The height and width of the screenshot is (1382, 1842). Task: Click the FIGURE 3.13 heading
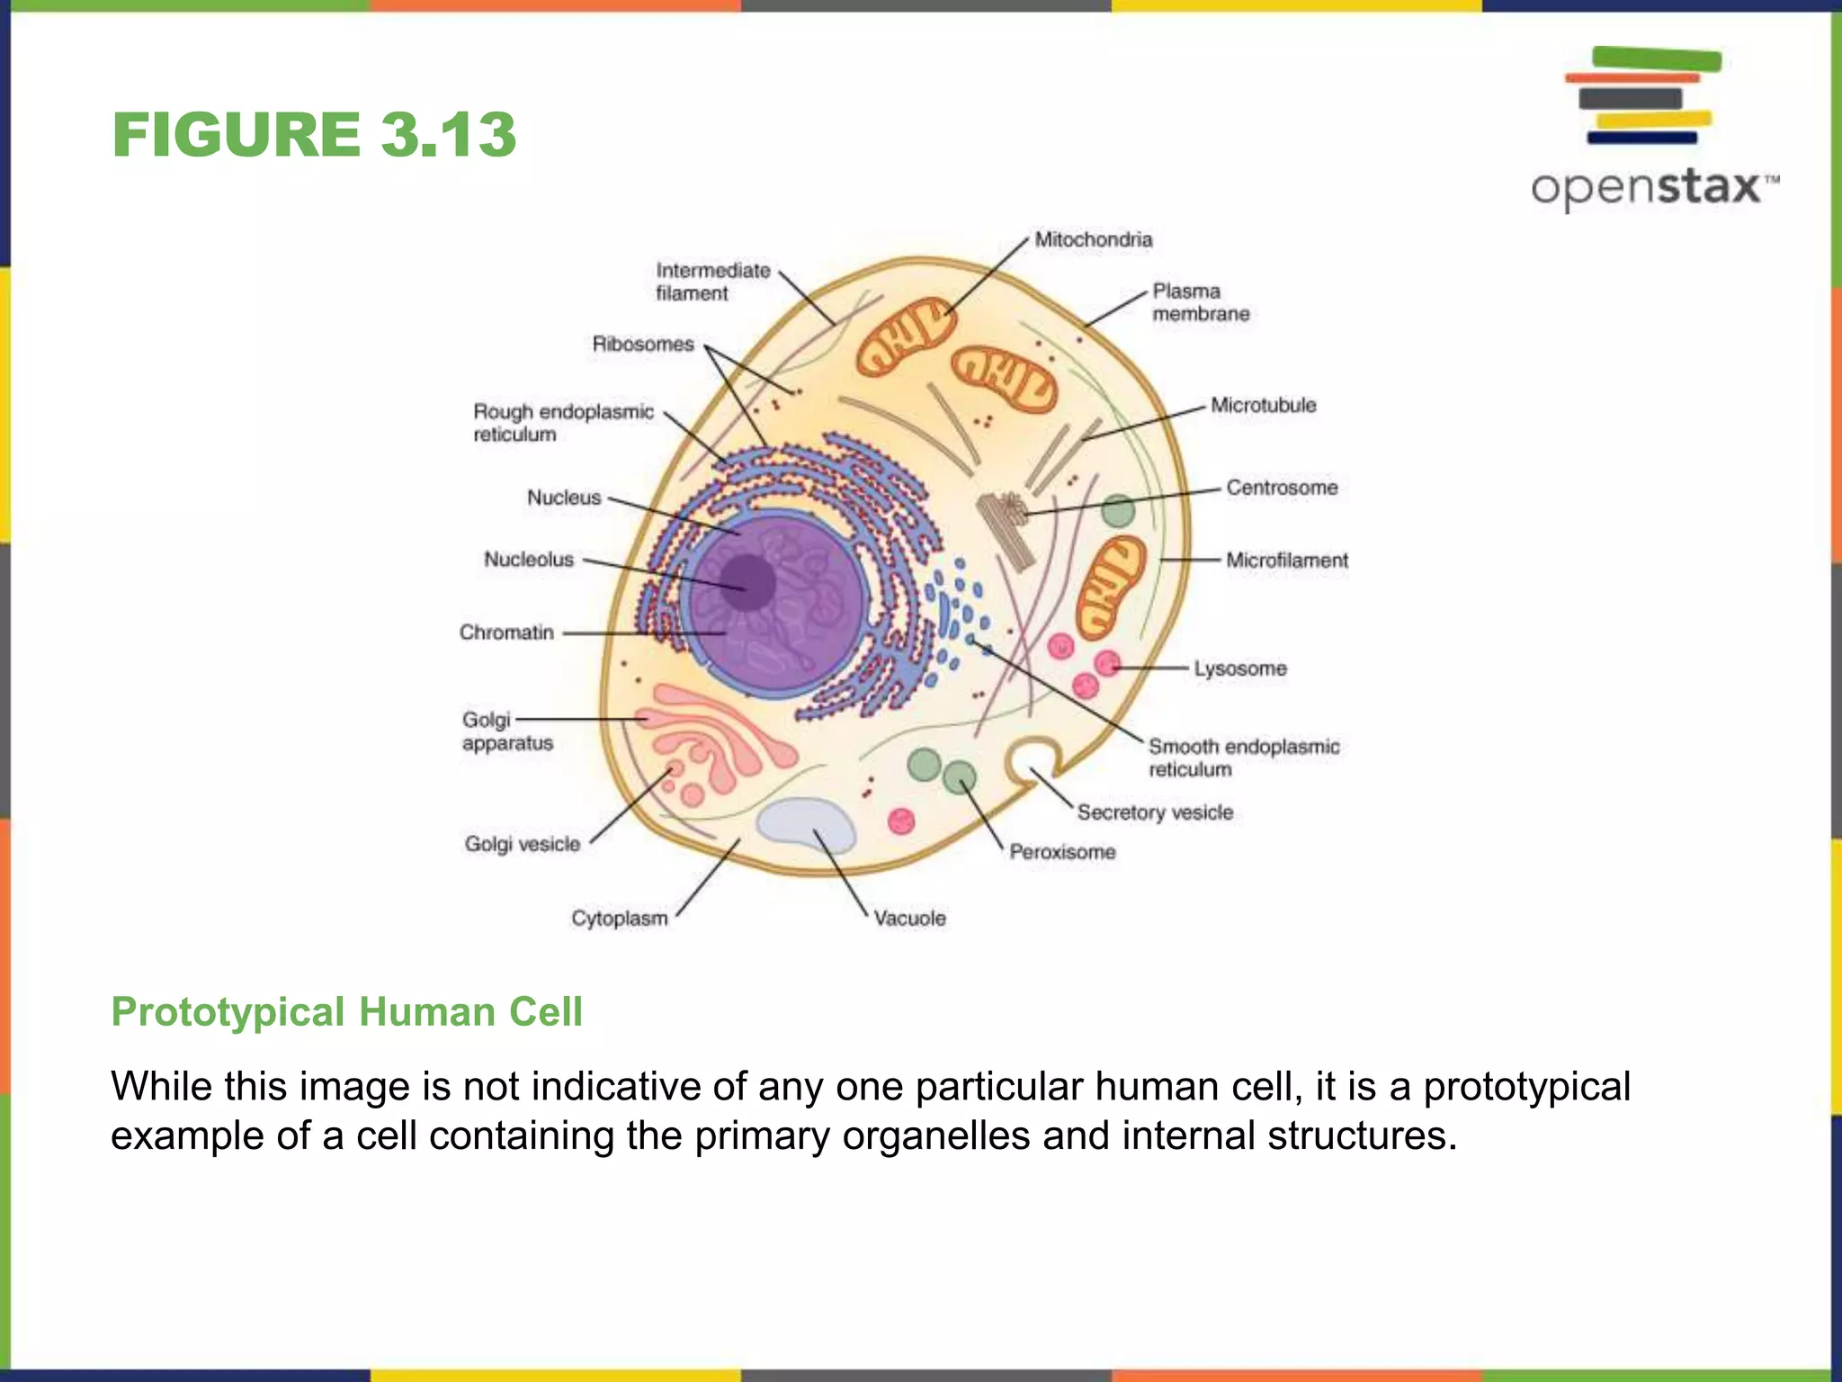point(314,135)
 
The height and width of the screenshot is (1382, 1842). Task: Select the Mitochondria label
point(1093,239)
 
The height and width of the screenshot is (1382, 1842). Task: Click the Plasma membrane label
point(1200,302)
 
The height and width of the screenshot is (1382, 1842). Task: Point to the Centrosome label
point(1282,488)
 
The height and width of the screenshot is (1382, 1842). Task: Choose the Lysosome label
point(1239,669)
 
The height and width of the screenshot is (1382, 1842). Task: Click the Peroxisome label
point(1061,851)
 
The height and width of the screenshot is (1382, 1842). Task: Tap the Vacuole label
point(909,918)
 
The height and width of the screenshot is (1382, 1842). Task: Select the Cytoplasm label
point(620,918)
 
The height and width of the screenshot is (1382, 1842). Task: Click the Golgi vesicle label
point(522,844)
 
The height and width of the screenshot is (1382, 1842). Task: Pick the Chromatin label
point(506,633)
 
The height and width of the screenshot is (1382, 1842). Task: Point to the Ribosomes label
point(643,344)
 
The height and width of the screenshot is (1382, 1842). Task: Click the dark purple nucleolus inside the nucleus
point(747,582)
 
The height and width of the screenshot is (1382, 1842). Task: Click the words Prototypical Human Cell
point(346,1011)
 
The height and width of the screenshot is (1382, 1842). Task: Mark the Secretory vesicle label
point(1155,812)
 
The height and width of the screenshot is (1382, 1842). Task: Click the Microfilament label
point(1286,561)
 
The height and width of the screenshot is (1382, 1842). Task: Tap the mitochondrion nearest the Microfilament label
point(1111,586)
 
